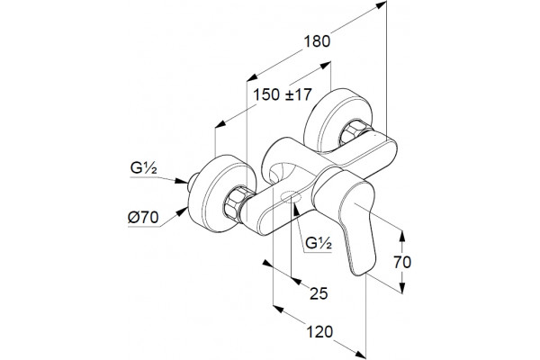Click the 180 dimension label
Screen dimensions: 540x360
(317, 41)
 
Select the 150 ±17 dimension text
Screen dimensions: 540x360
(283, 94)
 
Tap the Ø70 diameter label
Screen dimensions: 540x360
(143, 218)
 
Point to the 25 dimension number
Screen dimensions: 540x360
(319, 293)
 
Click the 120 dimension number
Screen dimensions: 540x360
(319, 332)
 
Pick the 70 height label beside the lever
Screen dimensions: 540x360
(402, 263)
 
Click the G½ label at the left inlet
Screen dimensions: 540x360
(144, 168)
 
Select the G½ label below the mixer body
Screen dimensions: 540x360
(319, 243)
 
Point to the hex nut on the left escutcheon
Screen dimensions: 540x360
(234, 203)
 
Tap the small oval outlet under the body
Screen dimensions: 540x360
(292, 197)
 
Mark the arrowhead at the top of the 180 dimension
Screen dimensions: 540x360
(382, 4)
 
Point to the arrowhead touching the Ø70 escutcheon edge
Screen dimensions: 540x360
(182, 212)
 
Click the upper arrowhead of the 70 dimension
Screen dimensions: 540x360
(402, 236)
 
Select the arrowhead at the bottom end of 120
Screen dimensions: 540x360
(360, 354)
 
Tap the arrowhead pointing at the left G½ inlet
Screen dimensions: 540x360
(182, 181)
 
